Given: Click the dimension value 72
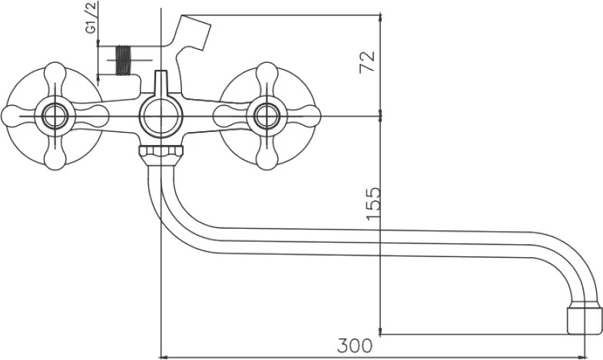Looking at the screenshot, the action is pos(367,62).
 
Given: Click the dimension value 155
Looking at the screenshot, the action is pos(373,204).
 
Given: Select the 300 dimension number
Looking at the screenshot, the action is pos(355,345).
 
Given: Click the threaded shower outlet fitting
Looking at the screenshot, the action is pos(123,60).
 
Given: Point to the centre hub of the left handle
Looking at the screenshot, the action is pos(55,116).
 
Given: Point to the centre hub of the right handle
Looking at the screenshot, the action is pos(267,116).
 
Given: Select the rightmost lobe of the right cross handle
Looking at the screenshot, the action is pos(309,116).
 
